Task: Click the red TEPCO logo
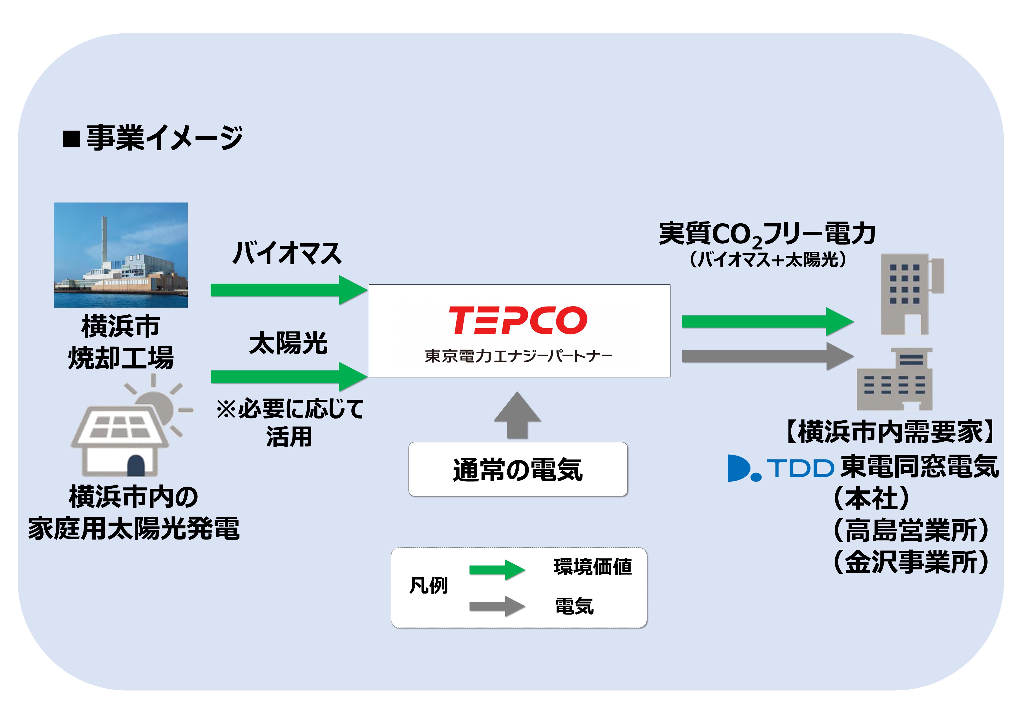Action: coord(518,320)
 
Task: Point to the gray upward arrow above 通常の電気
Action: coord(517,415)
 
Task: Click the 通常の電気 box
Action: coord(518,469)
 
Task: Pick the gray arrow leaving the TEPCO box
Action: coord(768,356)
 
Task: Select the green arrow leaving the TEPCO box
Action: coord(768,322)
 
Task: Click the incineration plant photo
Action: coord(121,255)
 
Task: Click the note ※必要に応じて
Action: coord(290,408)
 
